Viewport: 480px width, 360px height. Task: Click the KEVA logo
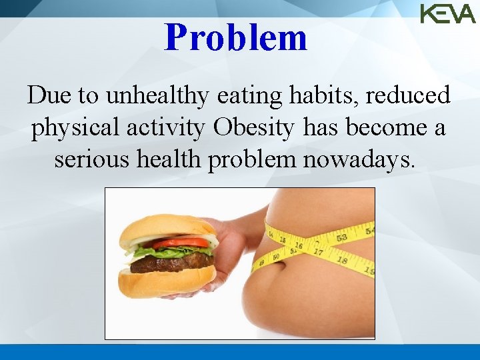pyautogui.click(x=447, y=13)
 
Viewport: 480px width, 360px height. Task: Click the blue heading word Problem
pyautogui.click(x=236, y=37)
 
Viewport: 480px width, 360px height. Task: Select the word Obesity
pyautogui.click(x=253, y=128)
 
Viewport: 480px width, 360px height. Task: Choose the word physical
pyautogui.click(x=67, y=128)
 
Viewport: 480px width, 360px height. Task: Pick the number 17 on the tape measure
pyautogui.click(x=318, y=252)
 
